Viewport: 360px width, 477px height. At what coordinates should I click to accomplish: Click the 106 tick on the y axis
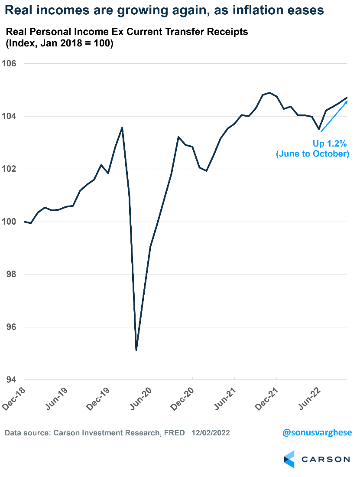pos(10,64)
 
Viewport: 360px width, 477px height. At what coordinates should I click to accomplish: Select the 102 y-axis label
pos(10,169)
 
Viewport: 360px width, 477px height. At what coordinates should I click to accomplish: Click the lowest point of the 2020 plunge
pos(136,350)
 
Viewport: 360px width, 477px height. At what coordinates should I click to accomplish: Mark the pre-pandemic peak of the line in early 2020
pos(122,127)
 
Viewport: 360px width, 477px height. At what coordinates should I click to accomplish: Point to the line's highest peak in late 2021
pos(270,92)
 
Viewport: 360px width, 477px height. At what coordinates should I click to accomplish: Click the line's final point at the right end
pos(347,98)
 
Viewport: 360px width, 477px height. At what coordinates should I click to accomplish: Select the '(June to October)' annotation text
pos(312,154)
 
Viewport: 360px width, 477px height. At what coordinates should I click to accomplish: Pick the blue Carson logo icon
pos(289,459)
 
